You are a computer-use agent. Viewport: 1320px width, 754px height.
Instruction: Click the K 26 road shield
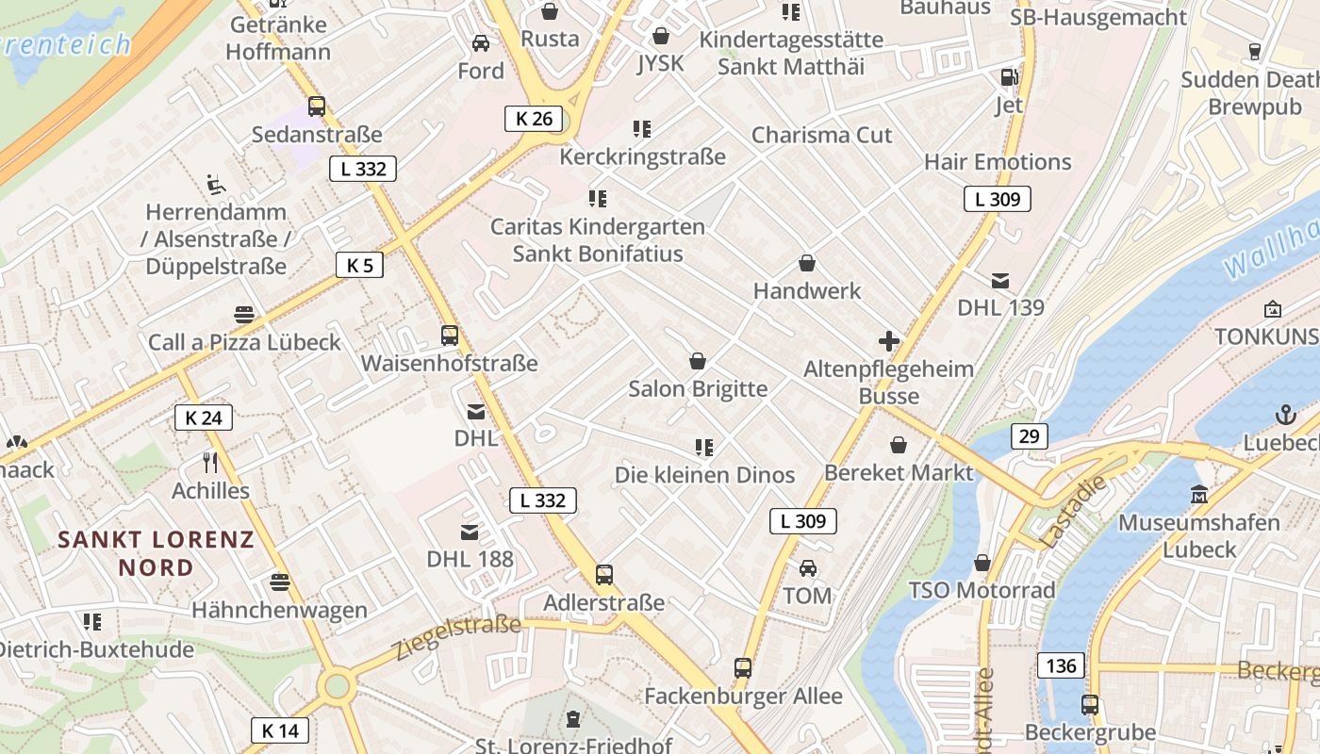pos(534,119)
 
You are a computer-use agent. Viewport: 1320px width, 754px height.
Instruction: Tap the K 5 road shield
pos(359,265)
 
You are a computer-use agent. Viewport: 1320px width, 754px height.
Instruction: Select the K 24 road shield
pos(204,418)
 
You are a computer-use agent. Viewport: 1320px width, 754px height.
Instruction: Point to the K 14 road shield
pos(280,730)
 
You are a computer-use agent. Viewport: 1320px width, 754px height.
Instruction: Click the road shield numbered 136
pos(1061,665)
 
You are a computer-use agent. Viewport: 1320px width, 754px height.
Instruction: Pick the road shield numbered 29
pos(1029,436)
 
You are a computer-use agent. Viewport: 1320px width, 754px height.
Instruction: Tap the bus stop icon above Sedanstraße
pos(317,107)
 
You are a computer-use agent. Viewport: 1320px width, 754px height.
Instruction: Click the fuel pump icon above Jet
pos(1009,77)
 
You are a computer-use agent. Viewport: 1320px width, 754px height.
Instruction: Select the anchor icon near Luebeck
pos(1284,414)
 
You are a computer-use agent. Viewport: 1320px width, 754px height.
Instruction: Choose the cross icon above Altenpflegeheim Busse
pos(888,341)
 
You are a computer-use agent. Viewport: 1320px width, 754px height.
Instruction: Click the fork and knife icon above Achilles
pos(210,463)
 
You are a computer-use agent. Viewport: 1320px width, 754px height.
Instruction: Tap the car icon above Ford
pos(481,43)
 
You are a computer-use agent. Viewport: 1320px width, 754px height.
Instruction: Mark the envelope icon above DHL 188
pos(470,533)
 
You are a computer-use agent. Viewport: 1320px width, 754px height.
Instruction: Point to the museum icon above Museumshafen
pos(1198,494)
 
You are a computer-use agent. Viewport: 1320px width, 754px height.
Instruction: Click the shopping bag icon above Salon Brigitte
pos(698,361)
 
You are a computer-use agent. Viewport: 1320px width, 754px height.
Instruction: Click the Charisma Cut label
pos(821,135)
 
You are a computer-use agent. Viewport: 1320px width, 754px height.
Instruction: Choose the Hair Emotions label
pos(998,162)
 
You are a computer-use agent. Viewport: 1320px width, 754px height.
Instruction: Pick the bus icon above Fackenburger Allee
pos(743,668)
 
